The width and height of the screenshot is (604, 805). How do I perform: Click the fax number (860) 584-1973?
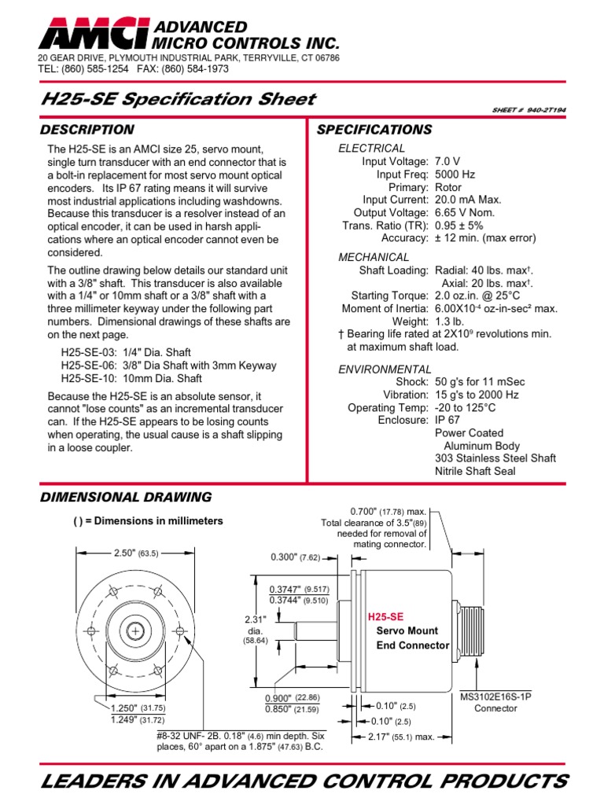[x=195, y=69]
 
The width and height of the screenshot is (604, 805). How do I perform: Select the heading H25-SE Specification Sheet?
[x=178, y=100]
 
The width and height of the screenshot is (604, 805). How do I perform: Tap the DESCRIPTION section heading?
[x=87, y=130]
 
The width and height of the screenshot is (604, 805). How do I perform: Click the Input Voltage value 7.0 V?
[x=448, y=161]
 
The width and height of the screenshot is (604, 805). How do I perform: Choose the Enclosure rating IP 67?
[x=449, y=420]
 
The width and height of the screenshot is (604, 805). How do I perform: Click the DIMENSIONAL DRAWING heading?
[x=126, y=497]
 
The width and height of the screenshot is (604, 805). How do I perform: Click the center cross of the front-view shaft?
[x=136, y=630]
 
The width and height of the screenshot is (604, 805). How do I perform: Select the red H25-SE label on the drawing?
[x=385, y=617]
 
